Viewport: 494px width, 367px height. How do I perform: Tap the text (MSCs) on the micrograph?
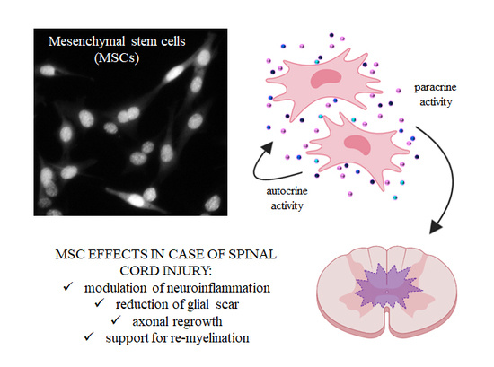117,58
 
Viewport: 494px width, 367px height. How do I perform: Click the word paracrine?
435,88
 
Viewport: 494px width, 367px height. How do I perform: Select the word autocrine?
287,191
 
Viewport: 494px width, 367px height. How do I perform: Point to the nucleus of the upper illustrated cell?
325,78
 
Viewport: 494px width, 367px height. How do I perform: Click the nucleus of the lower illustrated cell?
357,144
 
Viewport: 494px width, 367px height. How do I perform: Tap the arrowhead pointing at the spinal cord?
436,226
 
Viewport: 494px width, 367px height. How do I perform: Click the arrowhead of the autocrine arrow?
268,147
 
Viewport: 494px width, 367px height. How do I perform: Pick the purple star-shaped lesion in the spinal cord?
388,288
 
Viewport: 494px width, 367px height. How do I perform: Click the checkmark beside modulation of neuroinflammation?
67,286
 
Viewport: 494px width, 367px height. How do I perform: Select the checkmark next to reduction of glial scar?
99,303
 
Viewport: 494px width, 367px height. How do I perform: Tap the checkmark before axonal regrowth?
116,320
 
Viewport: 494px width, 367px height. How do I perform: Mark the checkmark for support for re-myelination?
89,336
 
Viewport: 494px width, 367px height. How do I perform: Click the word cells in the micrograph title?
172,41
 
